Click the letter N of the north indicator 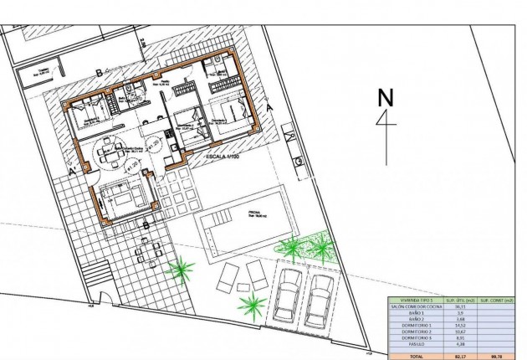coord(386,97)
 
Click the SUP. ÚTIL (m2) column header coord(457,300)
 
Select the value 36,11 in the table coord(457,306)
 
